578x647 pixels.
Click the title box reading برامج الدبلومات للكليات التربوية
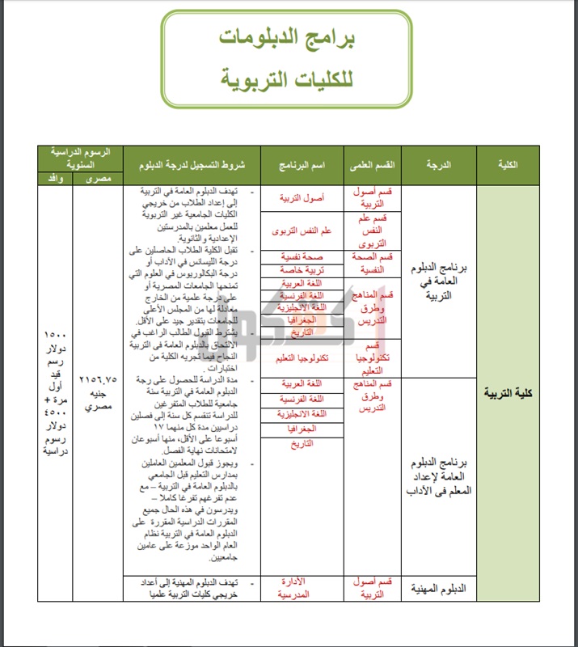(x=288, y=59)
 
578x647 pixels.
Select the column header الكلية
(x=508, y=165)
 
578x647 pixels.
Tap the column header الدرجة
(x=437, y=165)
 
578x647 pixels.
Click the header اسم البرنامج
(x=302, y=165)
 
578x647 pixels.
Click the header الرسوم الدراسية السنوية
(x=81, y=157)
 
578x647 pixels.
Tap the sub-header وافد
(x=55, y=178)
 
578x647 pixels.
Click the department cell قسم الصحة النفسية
(x=373, y=263)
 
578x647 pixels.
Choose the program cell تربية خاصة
(x=302, y=269)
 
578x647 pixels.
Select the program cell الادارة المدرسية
(x=302, y=588)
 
